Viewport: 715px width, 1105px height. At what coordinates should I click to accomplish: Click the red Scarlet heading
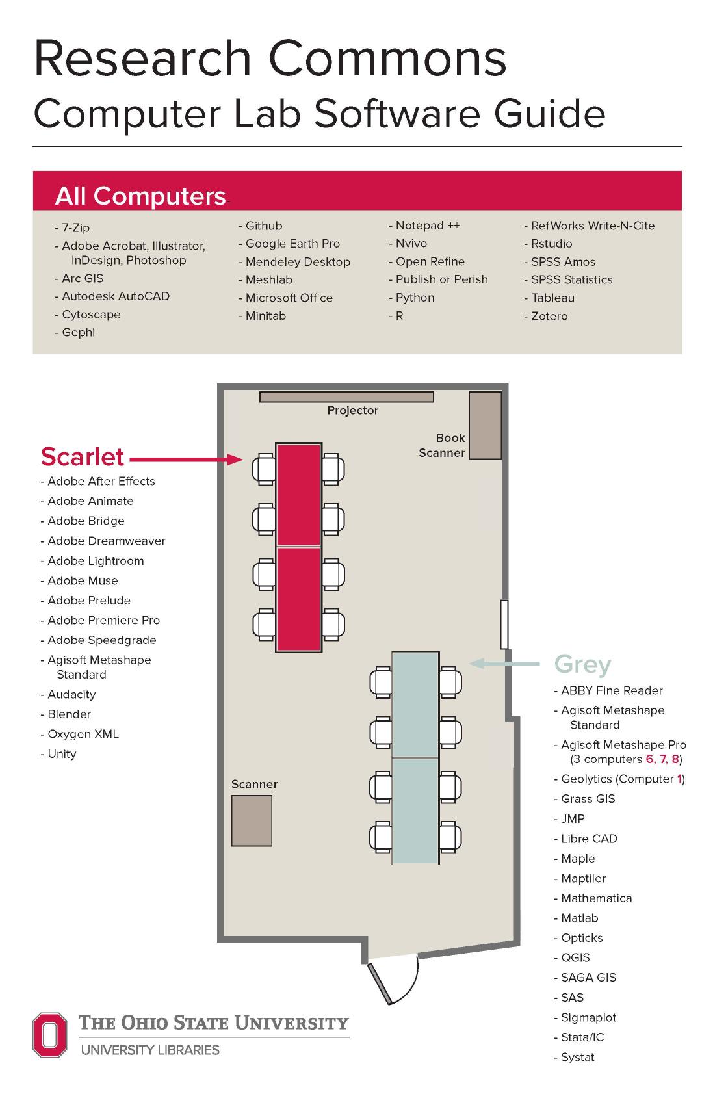(82, 457)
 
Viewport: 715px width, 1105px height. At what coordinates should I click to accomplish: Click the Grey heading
(582, 664)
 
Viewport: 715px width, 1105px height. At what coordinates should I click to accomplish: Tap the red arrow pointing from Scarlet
(187, 460)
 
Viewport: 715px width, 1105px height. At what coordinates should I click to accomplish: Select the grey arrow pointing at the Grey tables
(505, 663)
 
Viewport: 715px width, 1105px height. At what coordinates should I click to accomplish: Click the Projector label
(352, 411)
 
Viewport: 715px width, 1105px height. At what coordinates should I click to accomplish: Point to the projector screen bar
(346, 396)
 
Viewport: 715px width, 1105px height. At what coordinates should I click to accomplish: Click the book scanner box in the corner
(485, 425)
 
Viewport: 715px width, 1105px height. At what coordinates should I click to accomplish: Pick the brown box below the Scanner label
(252, 820)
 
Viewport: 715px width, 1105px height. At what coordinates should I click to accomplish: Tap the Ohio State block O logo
(50, 1034)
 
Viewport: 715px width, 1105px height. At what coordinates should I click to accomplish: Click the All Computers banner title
(140, 196)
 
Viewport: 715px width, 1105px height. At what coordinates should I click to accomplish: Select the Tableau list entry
(552, 298)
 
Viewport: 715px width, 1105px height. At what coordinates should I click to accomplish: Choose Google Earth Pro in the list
(292, 244)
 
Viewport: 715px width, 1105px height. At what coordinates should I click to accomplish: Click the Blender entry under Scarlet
(69, 714)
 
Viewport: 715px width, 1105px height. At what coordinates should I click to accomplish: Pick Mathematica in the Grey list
(596, 898)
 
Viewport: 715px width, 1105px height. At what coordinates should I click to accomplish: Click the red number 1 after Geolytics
(679, 779)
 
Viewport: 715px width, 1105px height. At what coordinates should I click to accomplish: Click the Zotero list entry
(549, 317)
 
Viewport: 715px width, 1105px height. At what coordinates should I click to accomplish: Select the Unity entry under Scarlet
(62, 754)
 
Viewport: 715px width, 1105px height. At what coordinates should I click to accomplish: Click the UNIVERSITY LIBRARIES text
(150, 1050)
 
